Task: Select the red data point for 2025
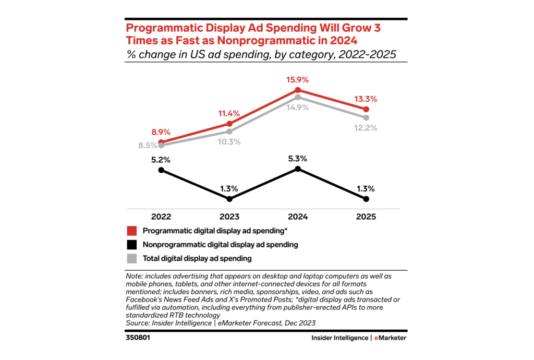tap(366, 109)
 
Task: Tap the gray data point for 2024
tap(297, 97)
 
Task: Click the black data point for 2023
tap(229, 199)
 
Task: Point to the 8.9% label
tap(161, 133)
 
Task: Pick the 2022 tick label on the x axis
tap(161, 217)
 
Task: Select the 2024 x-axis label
tap(297, 217)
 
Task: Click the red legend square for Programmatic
tap(132, 230)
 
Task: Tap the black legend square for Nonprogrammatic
tap(132, 244)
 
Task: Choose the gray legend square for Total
tap(132, 258)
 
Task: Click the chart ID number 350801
tap(139, 338)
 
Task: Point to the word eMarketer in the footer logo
tap(390, 338)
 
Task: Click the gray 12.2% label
tap(366, 128)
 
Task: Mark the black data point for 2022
tap(161, 170)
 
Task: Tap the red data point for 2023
tap(229, 124)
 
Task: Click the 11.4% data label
tap(229, 113)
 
